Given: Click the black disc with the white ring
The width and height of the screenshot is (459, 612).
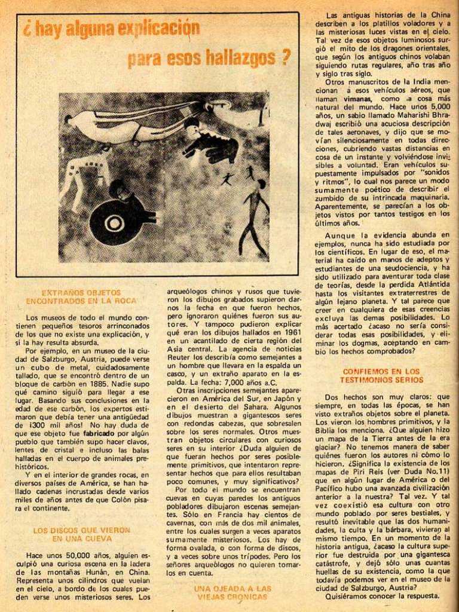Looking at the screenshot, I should pos(115,223).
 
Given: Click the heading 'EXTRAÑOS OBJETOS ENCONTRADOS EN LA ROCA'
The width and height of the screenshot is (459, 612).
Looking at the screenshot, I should pos(81,296).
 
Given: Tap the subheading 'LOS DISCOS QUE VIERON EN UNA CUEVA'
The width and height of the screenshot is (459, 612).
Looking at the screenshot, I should pos(81,534).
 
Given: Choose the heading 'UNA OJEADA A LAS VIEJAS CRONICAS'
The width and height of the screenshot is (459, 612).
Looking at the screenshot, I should pos(232,592).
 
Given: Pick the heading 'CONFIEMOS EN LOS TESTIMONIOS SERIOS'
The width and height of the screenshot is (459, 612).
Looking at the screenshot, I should pos(382,375).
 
